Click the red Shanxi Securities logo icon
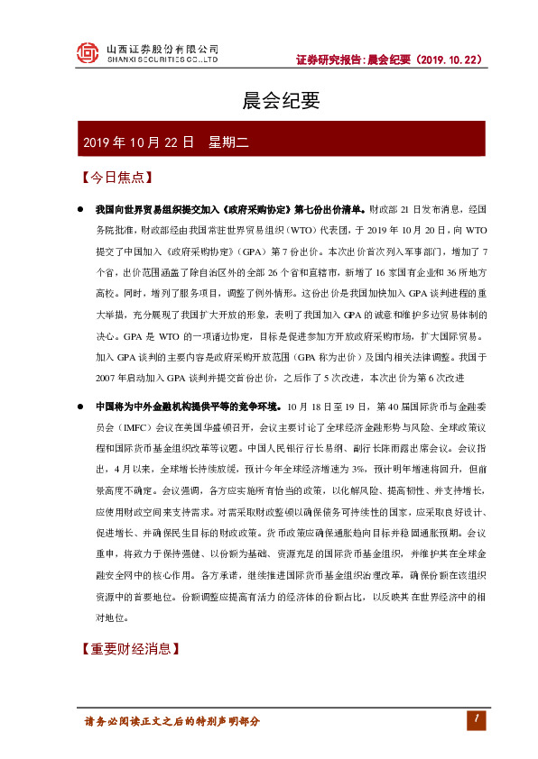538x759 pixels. [87, 53]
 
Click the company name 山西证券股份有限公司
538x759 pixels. [162, 49]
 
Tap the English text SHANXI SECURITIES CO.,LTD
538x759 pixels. [162, 60]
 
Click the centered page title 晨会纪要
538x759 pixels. [269, 101]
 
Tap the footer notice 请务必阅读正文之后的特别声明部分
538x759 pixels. [172, 722]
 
